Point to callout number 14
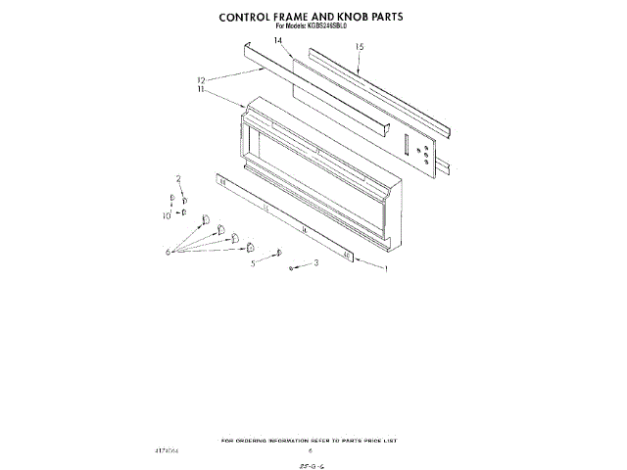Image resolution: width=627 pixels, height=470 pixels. click(278, 40)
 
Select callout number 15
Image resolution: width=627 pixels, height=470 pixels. click(360, 46)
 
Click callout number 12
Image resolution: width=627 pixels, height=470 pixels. click(202, 80)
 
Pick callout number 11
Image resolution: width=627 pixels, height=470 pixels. click(202, 89)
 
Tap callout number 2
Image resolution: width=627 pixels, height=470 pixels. click(179, 179)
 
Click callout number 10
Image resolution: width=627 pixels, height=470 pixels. click(167, 213)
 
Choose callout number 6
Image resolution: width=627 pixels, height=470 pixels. click(169, 252)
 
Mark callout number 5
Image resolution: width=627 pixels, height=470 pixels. click(253, 263)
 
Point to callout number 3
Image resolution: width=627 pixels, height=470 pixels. click(315, 262)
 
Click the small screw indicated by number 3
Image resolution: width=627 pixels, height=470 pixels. click(292, 267)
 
